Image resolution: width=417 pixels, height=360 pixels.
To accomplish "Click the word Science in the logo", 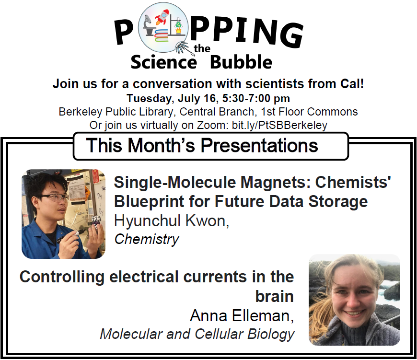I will [x=163, y=62].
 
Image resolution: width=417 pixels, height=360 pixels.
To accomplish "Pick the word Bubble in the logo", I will [x=241, y=62].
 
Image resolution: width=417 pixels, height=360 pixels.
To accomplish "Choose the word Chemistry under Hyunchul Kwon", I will [x=146, y=239].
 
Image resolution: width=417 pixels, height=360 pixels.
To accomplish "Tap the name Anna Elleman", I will [x=242, y=315].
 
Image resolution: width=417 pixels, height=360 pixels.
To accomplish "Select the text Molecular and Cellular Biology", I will [x=197, y=334].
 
